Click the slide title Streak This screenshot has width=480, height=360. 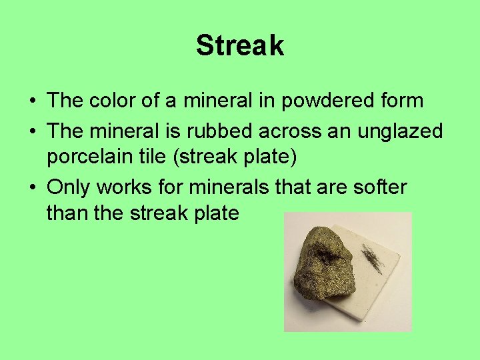(x=240, y=46)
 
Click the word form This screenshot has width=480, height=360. (x=399, y=101)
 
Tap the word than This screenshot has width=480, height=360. (x=67, y=213)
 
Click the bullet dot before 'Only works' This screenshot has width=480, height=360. (x=32, y=188)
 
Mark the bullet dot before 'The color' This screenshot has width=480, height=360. (x=32, y=101)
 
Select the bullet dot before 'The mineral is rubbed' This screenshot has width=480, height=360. (x=32, y=132)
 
